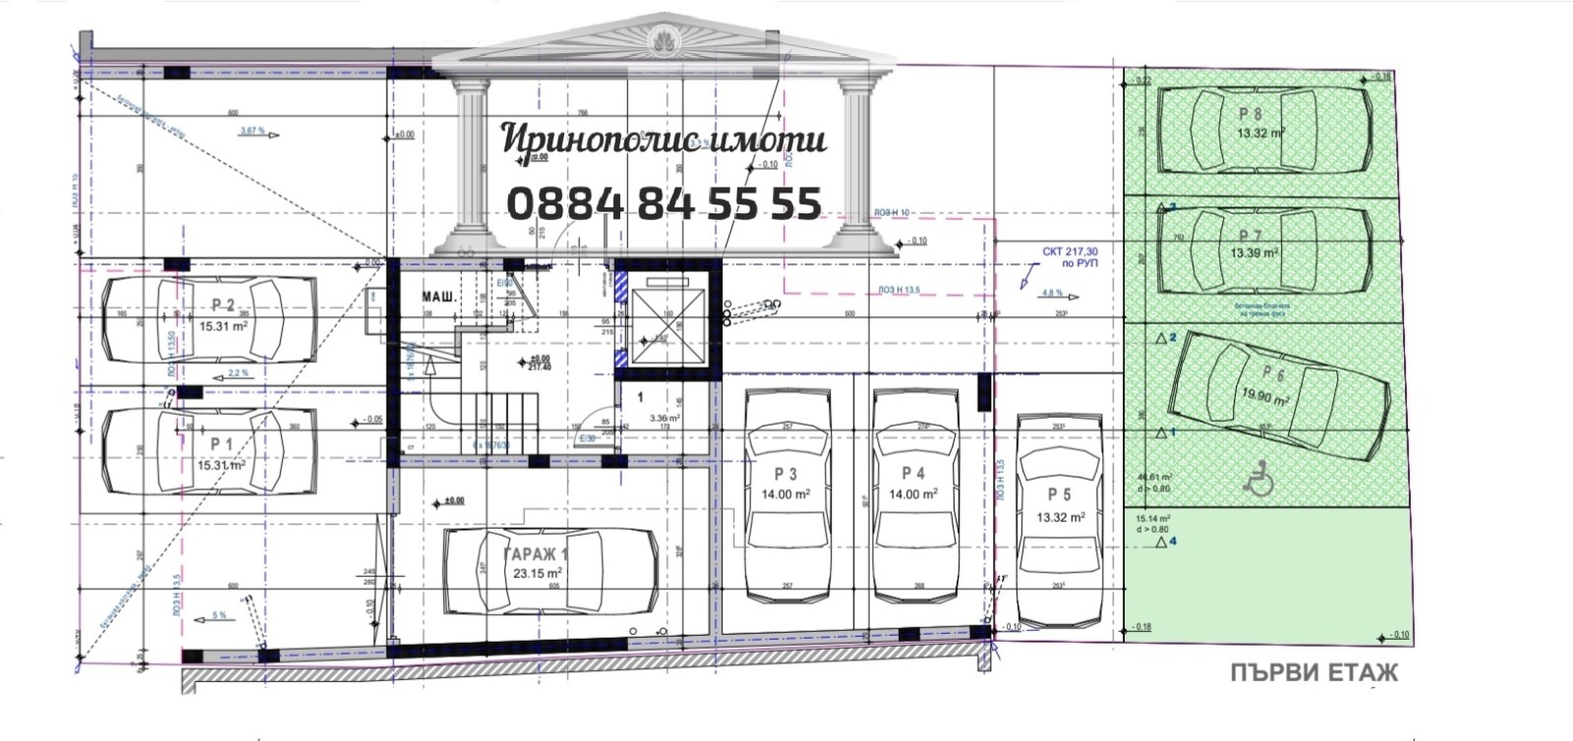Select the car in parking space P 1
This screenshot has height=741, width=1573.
point(209,451)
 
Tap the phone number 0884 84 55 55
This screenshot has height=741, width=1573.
point(664,203)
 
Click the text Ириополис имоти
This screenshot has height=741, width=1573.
point(664,140)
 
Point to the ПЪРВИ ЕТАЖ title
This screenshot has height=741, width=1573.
point(1313,673)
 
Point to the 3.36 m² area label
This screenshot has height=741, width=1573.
point(666,417)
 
